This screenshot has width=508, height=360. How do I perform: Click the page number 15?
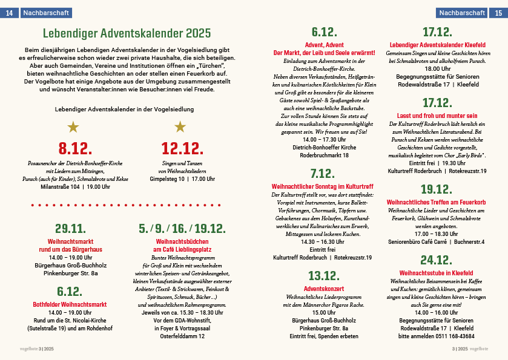click(x=498, y=12)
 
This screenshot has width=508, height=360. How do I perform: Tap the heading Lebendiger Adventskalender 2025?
click(x=127, y=33)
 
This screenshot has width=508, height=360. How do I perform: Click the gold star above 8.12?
click(x=73, y=126)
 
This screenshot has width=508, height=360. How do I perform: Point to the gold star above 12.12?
click(x=180, y=126)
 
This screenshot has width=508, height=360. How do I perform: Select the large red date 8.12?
click(x=75, y=148)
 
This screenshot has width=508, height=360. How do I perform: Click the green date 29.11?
click(x=71, y=228)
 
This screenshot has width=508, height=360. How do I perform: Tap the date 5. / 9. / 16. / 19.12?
click(x=182, y=228)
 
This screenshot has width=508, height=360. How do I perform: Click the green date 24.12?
click(x=437, y=260)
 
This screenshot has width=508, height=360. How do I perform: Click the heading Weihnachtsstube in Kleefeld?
click(x=437, y=273)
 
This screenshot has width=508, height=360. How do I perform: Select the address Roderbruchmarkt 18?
click(x=324, y=155)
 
